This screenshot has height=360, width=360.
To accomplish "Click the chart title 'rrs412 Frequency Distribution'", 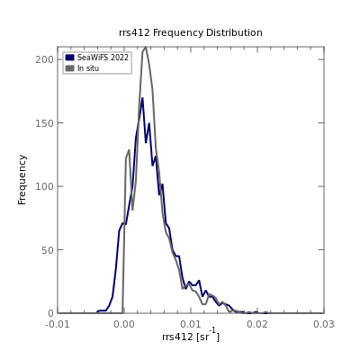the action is pos(191,32).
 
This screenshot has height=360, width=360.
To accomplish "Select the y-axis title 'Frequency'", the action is pos(22,180).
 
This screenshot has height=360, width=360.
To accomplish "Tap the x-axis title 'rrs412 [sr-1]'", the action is pos(191,335).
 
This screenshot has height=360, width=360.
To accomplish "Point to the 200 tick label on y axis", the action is pos(44,59).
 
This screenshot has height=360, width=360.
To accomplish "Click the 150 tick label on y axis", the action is pos(44,123).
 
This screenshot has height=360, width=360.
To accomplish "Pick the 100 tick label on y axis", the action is pos(44,186).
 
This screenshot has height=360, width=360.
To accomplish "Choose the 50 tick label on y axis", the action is pos(48,249).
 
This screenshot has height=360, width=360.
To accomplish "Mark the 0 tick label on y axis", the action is pos(50,313).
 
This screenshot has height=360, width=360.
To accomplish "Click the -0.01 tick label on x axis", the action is pos(58,324).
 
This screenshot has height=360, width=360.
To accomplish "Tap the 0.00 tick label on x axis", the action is pos(124,324).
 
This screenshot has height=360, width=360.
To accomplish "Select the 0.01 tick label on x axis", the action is pos(191,324).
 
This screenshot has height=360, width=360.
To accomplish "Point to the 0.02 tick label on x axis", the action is pos(257,324).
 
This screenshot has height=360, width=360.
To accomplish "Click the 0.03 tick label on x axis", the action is pos(324,324).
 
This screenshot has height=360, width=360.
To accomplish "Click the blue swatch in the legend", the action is pos(69,58).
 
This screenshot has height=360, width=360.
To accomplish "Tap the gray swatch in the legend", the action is pos(69,68).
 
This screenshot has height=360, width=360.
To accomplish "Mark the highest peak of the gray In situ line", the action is pos(146,47).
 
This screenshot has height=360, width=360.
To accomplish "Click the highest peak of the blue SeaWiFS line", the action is pos(142,98).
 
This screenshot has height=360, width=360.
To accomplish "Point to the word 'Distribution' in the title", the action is pos(234,32).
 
